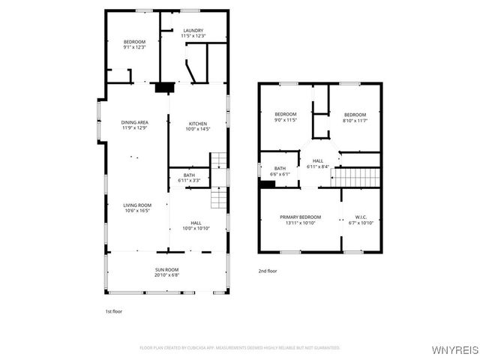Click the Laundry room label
pos(193,31)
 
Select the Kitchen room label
pos(198,124)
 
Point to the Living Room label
pos(137,205)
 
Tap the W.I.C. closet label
pos(361,217)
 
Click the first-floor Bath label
pos(189,175)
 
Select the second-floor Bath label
pos(280,168)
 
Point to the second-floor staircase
pos(357,177)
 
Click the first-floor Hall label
pos(196,223)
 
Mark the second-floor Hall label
pos(318,160)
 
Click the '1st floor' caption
pos(113,310)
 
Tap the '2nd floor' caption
pos(268,271)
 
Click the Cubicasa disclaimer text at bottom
pos(240,347)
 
